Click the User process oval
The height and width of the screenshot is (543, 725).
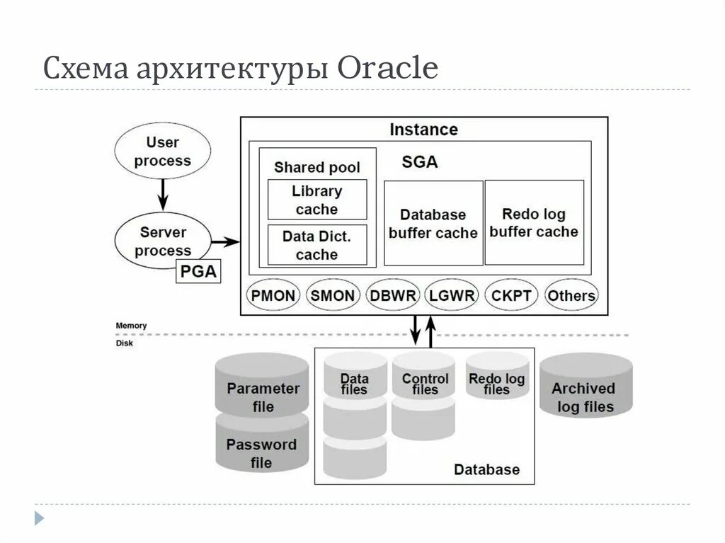click(x=163, y=152)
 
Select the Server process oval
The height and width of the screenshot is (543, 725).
click(x=163, y=241)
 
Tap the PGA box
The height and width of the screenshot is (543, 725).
click(x=198, y=271)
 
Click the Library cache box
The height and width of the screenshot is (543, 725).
click(x=317, y=200)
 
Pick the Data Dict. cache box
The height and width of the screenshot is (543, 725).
click(x=317, y=245)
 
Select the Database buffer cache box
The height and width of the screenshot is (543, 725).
click(x=433, y=223)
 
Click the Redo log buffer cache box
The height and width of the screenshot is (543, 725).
click(x=534, y=222)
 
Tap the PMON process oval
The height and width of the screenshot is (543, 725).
click(x=273, y=295)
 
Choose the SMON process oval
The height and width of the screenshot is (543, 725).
click(x=333, y=295)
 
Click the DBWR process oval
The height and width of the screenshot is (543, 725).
click(x=393, y=295)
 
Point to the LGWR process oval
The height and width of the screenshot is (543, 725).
click(x=452, y=295)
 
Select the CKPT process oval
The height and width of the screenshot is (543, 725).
click(x=511, y=295)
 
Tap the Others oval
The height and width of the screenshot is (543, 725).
click(x=571, y=295)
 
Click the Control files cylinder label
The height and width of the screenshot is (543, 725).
click(x=425, y=384)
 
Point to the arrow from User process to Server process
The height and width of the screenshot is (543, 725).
click(x=163, y=191)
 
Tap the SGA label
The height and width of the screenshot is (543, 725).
click(x=420, y=162)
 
